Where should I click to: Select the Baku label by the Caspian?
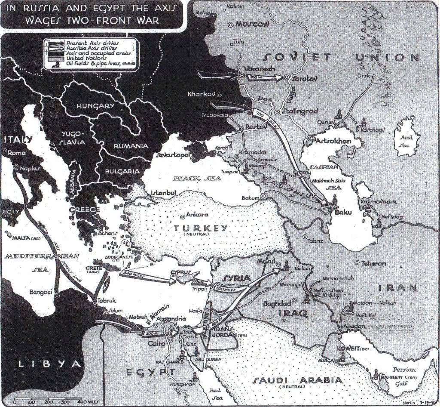(x=340, y=211)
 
